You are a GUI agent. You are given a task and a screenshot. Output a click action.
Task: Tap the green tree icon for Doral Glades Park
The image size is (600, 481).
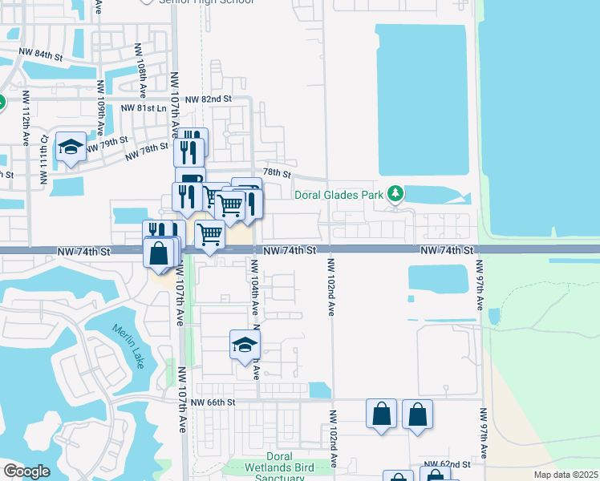395,193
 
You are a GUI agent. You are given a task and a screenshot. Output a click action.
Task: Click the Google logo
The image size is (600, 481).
26,471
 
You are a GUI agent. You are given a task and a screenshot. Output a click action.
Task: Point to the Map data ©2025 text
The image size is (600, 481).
566,475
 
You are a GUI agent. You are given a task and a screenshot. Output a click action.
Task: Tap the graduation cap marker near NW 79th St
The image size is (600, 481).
71,147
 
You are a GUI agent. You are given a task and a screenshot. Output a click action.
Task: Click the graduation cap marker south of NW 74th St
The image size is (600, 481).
245,345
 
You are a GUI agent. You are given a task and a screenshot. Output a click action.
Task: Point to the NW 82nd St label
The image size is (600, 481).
208,99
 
